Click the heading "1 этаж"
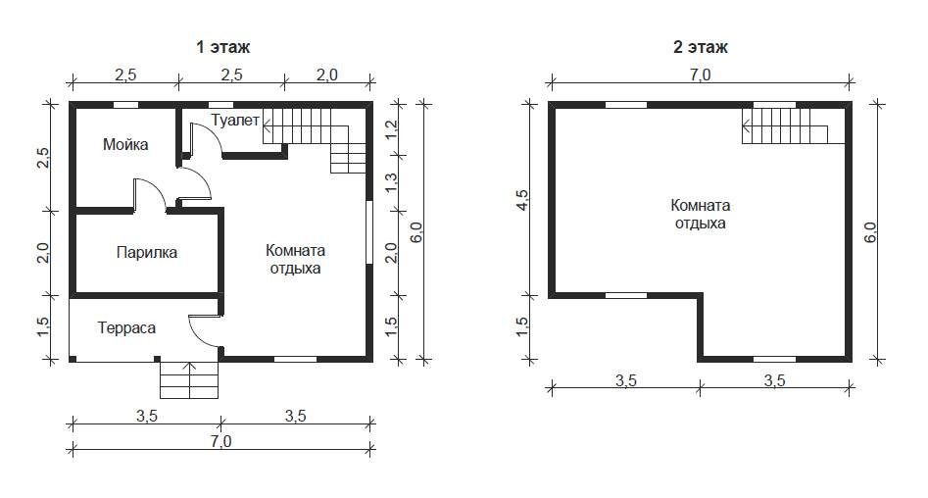(x=223, y=47)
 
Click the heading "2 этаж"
(x=700, y=47)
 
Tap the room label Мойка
(x=125, y=144)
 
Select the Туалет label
(x=235, y=121)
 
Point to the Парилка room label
(x=147, y=252)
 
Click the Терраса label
(x=126, y=328)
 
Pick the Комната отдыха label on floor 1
(x=295, y=260)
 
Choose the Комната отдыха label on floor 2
(x=700, y=214)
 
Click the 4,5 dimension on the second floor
(x=522, y=200)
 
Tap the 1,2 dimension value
(x=391, y=129)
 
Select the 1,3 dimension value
(x=391, y=182)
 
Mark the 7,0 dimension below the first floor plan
(x=220, y=441)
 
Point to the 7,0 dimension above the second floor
(x=700, y=75)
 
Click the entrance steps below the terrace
(x=189, y=380)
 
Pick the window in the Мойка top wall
(x=126, y=105)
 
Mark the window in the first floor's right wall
(x=369, y=232)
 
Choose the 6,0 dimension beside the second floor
(x=870, y=232)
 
